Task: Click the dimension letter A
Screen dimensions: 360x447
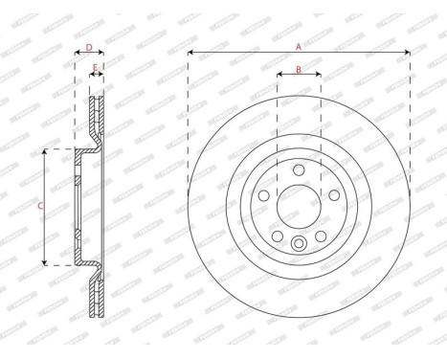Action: click(x=299, y=44)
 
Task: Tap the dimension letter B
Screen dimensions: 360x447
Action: click(x=299, y=69)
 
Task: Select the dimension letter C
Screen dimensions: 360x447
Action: click(x=39, y=206)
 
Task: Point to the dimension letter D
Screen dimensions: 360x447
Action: click(x=88, y=47)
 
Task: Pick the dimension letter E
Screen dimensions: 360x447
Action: click(x=95, y=68)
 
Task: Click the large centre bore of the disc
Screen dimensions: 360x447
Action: click(x=299, y=206)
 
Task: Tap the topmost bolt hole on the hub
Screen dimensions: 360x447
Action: click(x=299, y=169)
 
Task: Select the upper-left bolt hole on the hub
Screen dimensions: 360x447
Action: click(x=264, y=194)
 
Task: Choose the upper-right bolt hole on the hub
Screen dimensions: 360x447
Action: click(x=332, y=194)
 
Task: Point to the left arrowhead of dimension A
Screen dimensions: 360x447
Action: click(x=190, y=52)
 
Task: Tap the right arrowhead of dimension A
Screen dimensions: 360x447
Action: click(x=407, y=52)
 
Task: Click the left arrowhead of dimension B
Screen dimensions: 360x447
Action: click(x=279, y=76)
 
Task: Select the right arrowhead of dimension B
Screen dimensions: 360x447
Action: click(x=319, y=76)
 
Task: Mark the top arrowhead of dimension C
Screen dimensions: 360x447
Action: click(x=46, y=152)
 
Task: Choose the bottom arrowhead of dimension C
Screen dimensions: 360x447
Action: click(x=46, y=261)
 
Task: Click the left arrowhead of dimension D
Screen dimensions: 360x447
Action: click(x=77, y=55)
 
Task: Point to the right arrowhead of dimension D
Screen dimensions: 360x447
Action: click(x=102, y=55)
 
